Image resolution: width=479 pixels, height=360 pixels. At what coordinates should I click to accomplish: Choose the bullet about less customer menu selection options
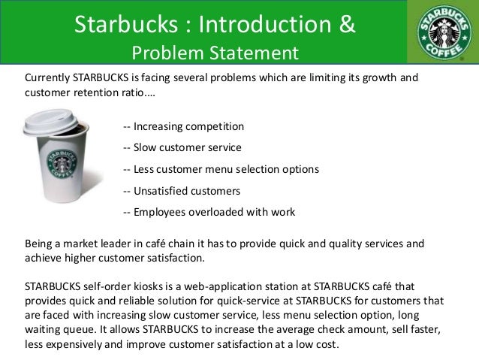[220, 169]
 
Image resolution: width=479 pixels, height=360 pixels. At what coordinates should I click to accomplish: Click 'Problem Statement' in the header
[214, 53]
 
